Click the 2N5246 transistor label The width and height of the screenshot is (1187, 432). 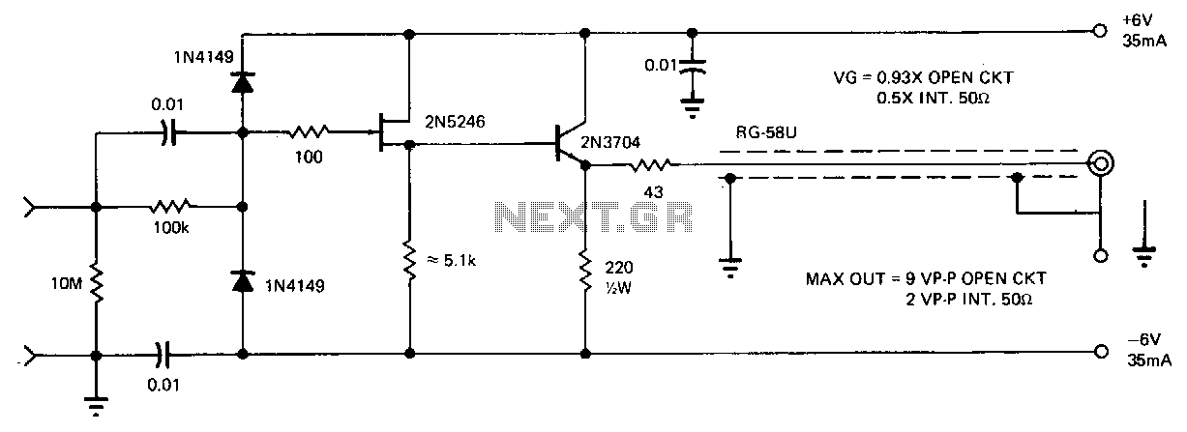[454, 122]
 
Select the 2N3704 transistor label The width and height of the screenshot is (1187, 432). [609, 142]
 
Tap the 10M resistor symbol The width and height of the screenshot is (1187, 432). [97, 283]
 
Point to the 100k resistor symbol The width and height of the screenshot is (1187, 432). [170, 206]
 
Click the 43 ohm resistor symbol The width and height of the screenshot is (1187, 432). [650, 165]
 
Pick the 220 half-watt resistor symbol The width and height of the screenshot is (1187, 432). [585, 270]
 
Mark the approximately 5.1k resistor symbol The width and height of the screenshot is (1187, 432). [409, 261]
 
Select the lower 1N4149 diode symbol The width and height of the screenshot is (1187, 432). [243, 281]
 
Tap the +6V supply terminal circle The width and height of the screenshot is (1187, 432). [1100, 31]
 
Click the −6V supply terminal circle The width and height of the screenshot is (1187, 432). [1101, 352]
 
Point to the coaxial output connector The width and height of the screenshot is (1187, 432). [1100, 163]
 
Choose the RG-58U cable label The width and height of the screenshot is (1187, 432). [766, 132]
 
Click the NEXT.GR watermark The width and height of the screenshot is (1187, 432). [594, 217]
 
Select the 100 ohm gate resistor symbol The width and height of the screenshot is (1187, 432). [309, 131]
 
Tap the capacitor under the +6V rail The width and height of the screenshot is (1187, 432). [692, 67]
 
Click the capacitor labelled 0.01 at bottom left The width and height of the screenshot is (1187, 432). [163, 354]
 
